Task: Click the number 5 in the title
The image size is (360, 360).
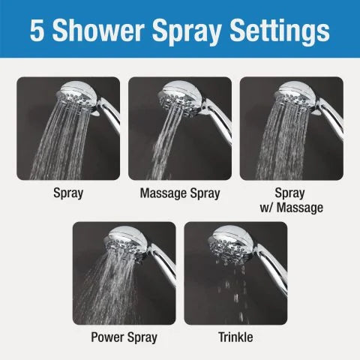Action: (x=39, y=30)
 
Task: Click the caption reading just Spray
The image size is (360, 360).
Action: (x=67, y=193)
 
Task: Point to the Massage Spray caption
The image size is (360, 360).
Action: (x=180, y=193)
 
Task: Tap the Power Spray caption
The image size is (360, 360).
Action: (x=124, y=337)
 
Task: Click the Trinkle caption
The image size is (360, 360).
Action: (x=235, y=337)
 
